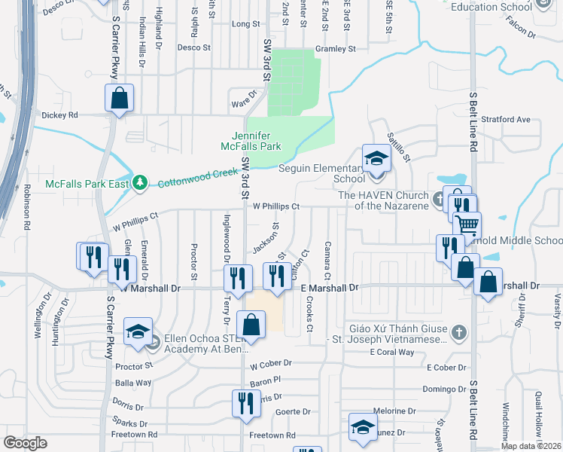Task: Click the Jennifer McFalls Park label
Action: (x=245, y=140)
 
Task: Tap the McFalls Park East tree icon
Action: (x=139, y=183)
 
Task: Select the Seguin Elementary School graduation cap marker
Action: (x=375, y=159)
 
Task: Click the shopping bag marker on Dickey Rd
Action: (x=119, y=98)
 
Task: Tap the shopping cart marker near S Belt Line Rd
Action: (x=467, y=224)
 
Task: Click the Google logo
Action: (x=25, y=443)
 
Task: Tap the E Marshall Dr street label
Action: (x=330, y=288)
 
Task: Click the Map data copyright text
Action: (x=531, y=446)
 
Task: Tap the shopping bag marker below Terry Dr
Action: (x=251, y=325)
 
